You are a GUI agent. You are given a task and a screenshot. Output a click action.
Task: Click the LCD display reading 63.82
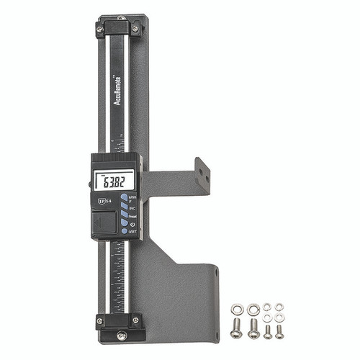(116, 181)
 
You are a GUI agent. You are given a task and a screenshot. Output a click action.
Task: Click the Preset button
(124, 217)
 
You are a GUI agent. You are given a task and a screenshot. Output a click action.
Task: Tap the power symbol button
(124, 224)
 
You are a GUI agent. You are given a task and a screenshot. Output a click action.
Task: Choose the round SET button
(123, 231)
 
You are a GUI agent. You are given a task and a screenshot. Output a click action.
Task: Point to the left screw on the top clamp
(99, 28)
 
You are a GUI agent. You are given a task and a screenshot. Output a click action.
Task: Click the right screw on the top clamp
(135, 28)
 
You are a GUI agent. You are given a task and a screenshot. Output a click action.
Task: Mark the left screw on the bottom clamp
(99, 320)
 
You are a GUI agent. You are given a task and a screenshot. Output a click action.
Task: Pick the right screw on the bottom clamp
(135, 320)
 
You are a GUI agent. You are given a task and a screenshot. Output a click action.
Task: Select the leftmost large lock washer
(235, 310)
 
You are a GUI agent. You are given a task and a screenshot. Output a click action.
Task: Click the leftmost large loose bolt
(236, 330)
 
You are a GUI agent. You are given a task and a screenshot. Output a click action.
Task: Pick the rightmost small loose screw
(279, 330)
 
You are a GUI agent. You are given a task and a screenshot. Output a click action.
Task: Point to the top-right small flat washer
(279, 307)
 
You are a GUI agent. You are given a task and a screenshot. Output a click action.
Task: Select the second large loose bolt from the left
(253, 330)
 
